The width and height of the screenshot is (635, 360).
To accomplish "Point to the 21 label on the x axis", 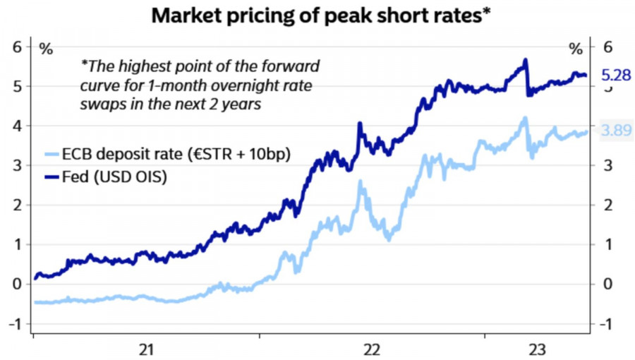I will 146,349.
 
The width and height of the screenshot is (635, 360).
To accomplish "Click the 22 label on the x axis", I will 372,349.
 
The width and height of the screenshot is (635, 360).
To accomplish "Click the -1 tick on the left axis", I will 16,324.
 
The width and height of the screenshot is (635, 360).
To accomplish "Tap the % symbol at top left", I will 45,49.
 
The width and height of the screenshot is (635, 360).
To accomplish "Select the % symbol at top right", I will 576,49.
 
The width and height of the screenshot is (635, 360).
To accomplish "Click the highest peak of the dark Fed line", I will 525,61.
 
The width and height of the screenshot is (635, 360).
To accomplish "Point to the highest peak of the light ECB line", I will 524,119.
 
